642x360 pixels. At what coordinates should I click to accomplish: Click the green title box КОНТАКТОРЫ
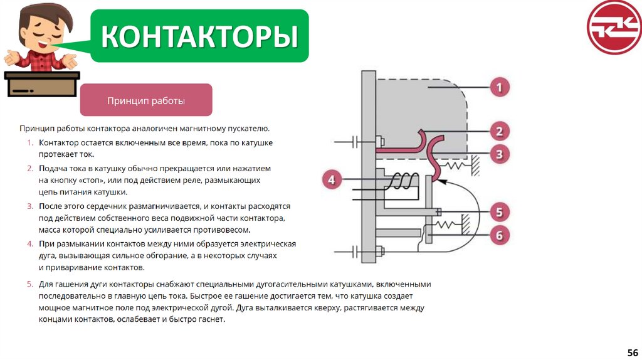click(199, 36)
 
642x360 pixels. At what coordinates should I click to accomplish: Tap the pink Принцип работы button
click(146, 100)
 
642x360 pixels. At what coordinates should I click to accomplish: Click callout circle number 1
click(499, 87)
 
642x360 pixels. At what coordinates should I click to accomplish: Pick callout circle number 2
click(499, 131)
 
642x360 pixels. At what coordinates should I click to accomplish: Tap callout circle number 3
click(499, 154)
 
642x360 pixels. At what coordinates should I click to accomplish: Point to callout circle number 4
click(332, 181)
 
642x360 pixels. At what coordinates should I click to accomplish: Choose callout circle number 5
click(499, 212)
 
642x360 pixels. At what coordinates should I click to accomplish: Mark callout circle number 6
click(499, 236)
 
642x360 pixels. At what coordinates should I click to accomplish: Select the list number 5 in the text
click(29, 284)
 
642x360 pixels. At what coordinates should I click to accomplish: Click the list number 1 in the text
click(29, 143)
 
